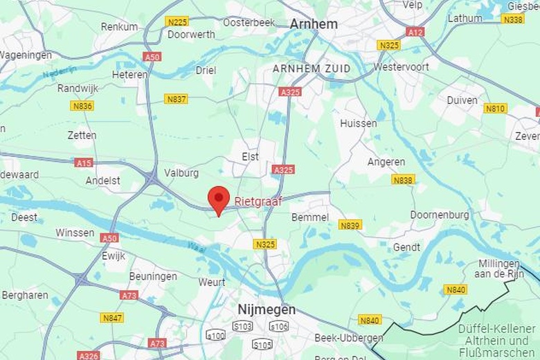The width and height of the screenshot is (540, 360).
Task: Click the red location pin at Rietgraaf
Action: [219, 199]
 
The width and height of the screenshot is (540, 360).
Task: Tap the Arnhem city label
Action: [314, 24]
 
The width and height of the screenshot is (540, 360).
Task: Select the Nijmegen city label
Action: [267, 309]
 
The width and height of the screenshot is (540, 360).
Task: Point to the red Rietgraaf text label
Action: [258, 201]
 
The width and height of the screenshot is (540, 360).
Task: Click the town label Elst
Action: [250, 157]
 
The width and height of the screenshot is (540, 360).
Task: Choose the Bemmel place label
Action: [310, 217]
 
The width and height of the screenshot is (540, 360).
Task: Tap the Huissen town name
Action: [359, 123]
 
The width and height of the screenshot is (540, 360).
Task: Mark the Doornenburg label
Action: [440, 215]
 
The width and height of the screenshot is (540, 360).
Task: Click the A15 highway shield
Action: [84, 163]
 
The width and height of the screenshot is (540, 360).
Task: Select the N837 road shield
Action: [176, 99]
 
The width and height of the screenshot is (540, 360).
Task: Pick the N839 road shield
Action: [350, 225]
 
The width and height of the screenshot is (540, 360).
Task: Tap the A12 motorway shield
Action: [415, 32]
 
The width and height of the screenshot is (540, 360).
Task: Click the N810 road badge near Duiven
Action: [495, 109]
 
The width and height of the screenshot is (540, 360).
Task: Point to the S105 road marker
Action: [262, 344]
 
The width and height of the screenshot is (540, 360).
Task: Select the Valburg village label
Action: [181, 173]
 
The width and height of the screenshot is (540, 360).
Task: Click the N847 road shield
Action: [112, 318]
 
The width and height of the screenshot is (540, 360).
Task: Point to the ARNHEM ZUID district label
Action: [312, 69]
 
